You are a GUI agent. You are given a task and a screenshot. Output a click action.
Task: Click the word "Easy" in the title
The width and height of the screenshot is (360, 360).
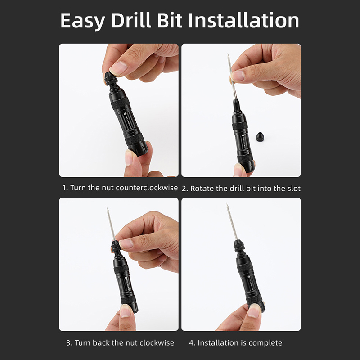[82, 21]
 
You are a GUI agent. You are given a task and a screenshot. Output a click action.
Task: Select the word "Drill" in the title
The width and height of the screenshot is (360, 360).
[131, 20]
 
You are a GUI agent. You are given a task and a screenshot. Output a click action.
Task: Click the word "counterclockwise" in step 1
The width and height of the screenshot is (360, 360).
[147, 188]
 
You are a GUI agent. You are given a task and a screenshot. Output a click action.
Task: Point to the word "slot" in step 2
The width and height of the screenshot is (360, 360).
[294, 189]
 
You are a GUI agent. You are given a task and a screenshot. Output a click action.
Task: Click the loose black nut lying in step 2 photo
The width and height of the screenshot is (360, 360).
[260, 136]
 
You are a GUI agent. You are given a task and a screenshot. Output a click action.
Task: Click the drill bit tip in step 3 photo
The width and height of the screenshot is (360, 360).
[107, 208]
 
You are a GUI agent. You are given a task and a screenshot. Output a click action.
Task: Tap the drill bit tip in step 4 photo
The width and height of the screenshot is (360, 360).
[227, 204]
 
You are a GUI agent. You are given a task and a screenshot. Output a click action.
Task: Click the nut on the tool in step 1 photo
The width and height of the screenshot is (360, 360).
[111, 78]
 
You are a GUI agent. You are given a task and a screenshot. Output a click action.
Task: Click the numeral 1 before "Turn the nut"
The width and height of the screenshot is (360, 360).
[65, 188]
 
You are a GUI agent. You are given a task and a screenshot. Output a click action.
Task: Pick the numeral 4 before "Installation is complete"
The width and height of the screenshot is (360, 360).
[192, 343]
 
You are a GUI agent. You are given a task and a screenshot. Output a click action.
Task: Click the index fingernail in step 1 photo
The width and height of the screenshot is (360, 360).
[119, 67]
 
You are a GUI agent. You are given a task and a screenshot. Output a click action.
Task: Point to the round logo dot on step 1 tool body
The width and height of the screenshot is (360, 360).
[125, 113]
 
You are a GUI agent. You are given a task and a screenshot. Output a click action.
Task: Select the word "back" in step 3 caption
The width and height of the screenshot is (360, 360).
[102, 343]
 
